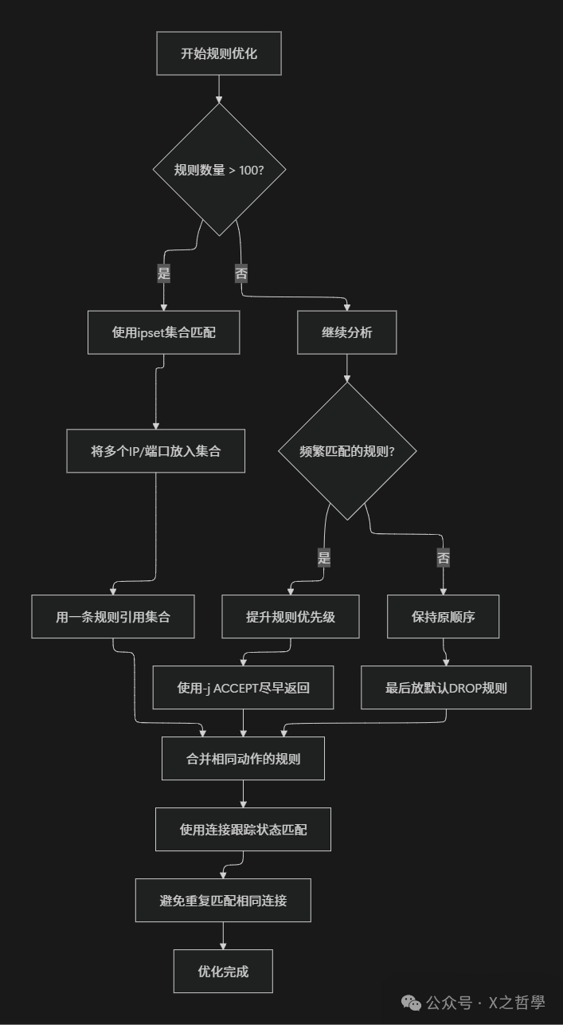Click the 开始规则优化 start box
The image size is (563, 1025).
pyautogui.click(x=219, y=53)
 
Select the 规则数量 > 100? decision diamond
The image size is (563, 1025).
pyautogui.click(x=219, y=170)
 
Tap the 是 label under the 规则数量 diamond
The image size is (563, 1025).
pyautogui.click(x=164, y=273)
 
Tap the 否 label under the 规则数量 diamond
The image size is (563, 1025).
pyautogui.click(x=241, y=273)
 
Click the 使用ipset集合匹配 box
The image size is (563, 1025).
pyautogui.click(x=163, y=332)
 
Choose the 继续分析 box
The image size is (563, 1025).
pyautogui.click(x=346, y=332)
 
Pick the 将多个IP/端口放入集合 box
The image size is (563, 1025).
pyautogui.click(x=156, y=451)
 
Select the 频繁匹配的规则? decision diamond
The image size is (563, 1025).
pyautogui.click(x=347, y=451)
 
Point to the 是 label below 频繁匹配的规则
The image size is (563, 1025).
pyautogui.click(x=324, y=558)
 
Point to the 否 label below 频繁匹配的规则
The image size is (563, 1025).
pyautogui.click(x=444, y=558)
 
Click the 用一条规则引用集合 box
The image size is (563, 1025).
pyautogui.click(x=113, y=616)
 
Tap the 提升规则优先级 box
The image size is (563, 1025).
pyautogui.click(x=291, y=616)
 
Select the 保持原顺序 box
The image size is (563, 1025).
pyautogui.click(x=444, y=616)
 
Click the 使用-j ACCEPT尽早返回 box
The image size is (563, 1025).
pyautogui.click(x=243, y=687)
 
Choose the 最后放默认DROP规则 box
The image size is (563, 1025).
pyautogui.click(x=446, y=687)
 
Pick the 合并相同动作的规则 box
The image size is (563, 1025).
pyautogui.click(x=243, y=758)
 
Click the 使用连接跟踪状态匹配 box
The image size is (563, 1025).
pyautogui.click(x=243, y=830)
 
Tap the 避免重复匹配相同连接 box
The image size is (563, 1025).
pyautogui.click(x=223, y=901)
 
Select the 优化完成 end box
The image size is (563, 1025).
pyautogui.click(x=223, y=971)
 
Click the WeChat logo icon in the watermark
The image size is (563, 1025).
pyautogui.click(x=411, y=1002)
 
